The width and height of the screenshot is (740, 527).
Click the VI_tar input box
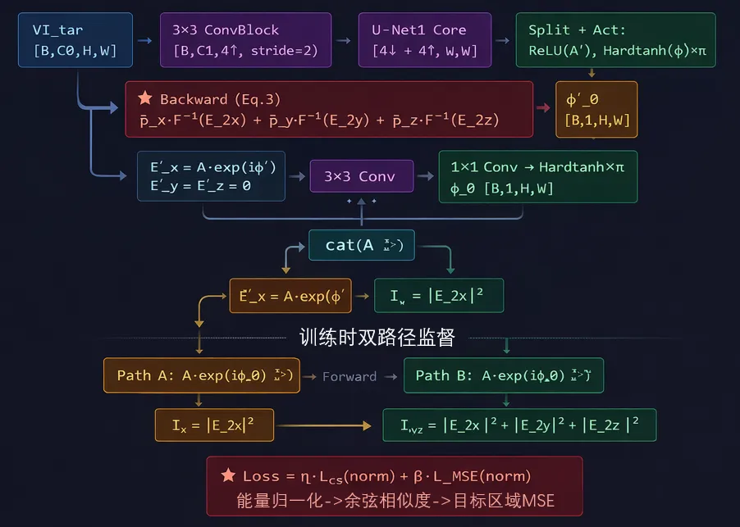pyautogui.click(x=74, y=40)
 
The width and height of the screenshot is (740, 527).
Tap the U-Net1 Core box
pyautogui.click(x=425, y=40)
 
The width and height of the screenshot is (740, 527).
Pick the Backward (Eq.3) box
pyautogui.click(x=329, y=110)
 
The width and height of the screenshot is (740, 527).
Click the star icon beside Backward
pyautogui.click(x=145, y=98)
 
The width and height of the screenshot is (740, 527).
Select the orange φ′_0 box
pyautogui.click(x=596, y=110)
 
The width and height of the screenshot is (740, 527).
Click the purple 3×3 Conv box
pyautogui.click(x=361, y=176)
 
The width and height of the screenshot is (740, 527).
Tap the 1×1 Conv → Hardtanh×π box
pyautogui.click(x=538, y=177)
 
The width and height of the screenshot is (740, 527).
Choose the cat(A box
pyautogui.click(x=361, y=245)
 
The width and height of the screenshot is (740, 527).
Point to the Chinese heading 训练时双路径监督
pyautogui.click(x=377, y=337)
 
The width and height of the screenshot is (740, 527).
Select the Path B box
pyautogui.click(x=504, y=375)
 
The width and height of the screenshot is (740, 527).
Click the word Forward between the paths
pyautogui.click(x=349, y=377)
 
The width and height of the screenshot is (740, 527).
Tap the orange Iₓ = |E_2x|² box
pyautogui.click(x=214, y=425)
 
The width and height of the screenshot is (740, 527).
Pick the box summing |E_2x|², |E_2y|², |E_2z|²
pyautogui.click(x=519, y=425)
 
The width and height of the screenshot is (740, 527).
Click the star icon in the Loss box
pyautogui.click(x=228, y=476)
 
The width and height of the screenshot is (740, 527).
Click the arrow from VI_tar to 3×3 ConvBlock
pyautogui.click(x=145, y=40)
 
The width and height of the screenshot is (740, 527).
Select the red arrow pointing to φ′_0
pyautogui.click(x=544, y=107)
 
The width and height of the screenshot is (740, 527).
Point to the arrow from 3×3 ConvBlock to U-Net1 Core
pyautogui.click(x=345, y=40)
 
